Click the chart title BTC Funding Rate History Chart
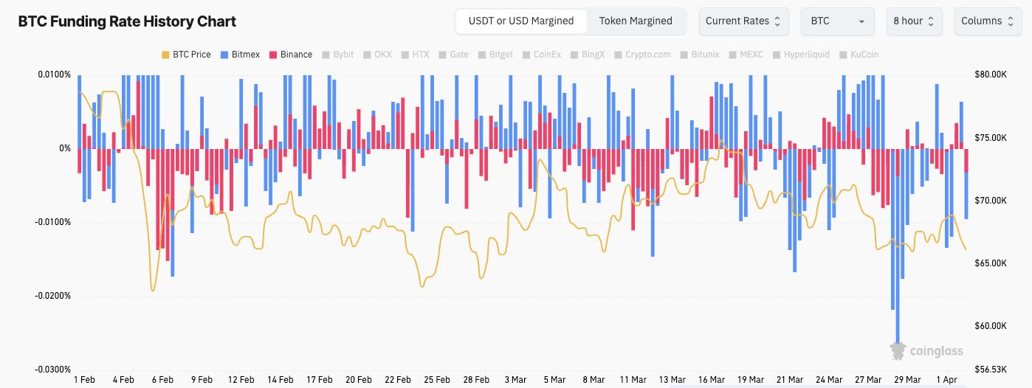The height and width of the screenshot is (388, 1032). coord(127,21)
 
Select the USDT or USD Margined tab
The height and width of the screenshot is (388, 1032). coord(521,21)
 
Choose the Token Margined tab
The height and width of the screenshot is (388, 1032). coord(636,21)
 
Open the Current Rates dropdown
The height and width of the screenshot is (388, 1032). coord(743,21)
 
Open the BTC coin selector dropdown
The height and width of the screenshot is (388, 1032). coord(837,21)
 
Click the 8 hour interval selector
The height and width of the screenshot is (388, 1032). coord(914,21)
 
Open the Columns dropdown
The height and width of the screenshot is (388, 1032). coord(987,21)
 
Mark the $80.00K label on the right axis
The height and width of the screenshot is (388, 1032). coord(991,75)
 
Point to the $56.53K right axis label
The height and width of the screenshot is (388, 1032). coord(991,370)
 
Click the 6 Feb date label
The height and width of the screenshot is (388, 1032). coord(162,380)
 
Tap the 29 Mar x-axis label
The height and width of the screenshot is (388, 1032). coord(907,380)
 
